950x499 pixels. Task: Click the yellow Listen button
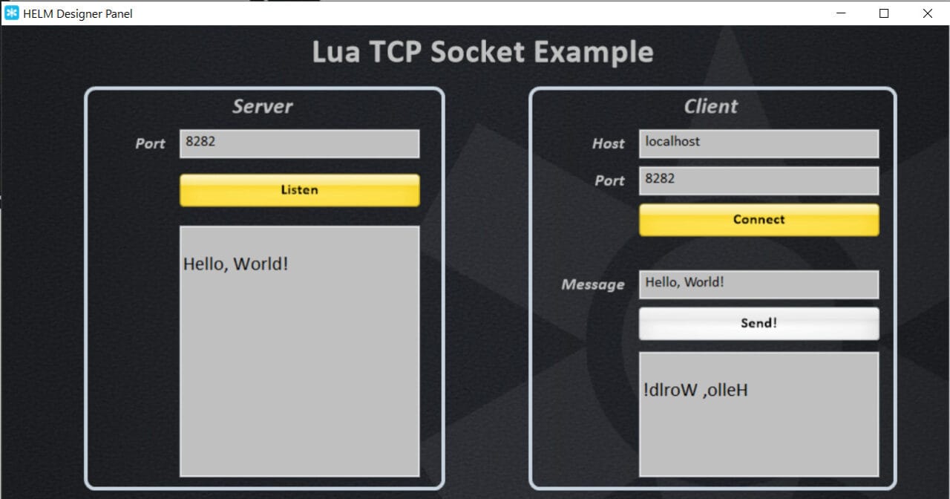pos(299,190)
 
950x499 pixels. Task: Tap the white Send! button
pos(759,324)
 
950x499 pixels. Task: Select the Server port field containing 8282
pos(299,143)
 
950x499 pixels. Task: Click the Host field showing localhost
pos(759,143)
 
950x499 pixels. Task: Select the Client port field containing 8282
pos(759,180)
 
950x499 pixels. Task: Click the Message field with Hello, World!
pos(759,284)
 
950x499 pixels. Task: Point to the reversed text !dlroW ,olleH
pos(696,390)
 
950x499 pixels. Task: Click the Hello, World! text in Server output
pos(235,264)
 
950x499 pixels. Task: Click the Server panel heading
pos(263,106)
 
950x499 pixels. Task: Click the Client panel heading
pos(710,106)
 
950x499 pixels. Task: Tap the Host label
pos(608,143)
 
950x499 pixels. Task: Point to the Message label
pos(592,284)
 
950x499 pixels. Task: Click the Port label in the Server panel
pos(150,143)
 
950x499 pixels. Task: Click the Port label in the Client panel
pos(609,180)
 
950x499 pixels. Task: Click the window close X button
pos(927,13)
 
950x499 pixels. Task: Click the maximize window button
pos(884,13)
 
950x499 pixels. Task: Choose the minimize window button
pos(841,13)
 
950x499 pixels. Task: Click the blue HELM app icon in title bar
pos(12,13)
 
